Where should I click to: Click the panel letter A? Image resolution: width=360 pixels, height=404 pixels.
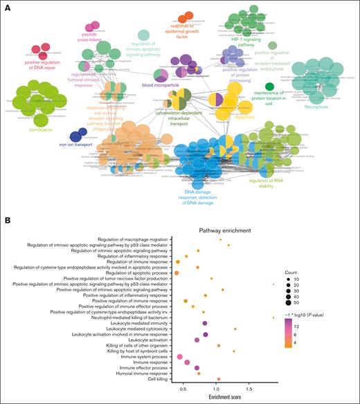(x=6, y=6)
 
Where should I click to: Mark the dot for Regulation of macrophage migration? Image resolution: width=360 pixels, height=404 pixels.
(x=220, y=240)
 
